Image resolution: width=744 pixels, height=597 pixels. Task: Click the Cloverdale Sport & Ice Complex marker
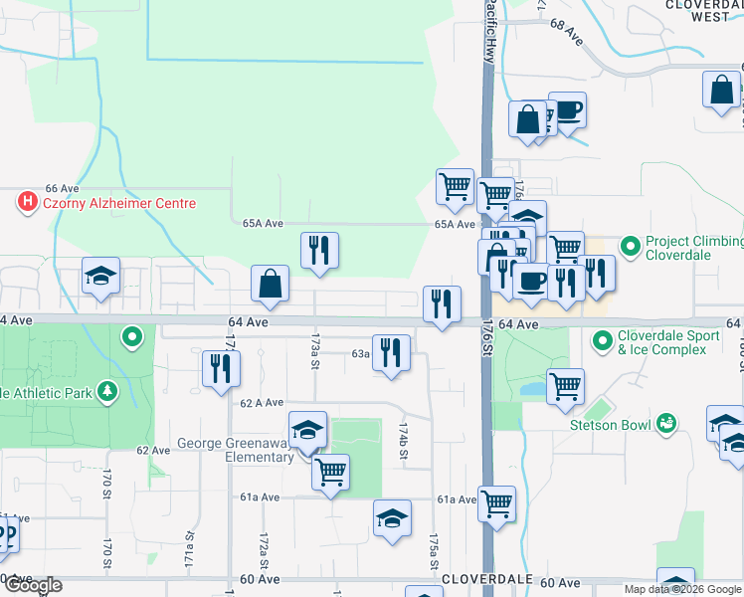point(601,342)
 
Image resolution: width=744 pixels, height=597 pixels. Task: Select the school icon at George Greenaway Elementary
point(308,430)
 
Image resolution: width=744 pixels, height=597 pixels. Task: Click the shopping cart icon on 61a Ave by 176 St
point(496,501)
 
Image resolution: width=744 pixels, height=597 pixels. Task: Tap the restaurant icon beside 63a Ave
point(391,352)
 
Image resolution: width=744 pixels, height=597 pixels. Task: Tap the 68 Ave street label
point(566,35)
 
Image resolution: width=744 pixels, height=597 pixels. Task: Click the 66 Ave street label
point(62,188)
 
